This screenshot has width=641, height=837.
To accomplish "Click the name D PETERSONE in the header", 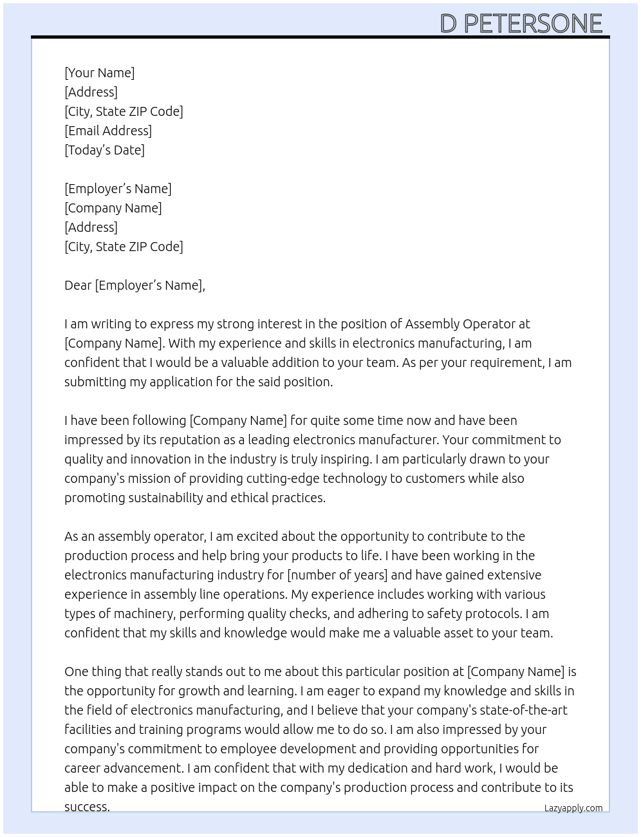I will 521,24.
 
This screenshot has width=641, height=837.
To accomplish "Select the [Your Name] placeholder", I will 99,73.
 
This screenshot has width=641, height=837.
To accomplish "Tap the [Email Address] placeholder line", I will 108,131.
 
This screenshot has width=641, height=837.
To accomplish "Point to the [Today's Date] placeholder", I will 104,150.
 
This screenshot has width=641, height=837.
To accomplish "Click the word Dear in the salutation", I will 78,285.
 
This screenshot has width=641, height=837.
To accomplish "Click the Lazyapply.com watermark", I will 573,808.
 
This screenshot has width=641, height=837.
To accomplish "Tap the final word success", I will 87,807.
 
